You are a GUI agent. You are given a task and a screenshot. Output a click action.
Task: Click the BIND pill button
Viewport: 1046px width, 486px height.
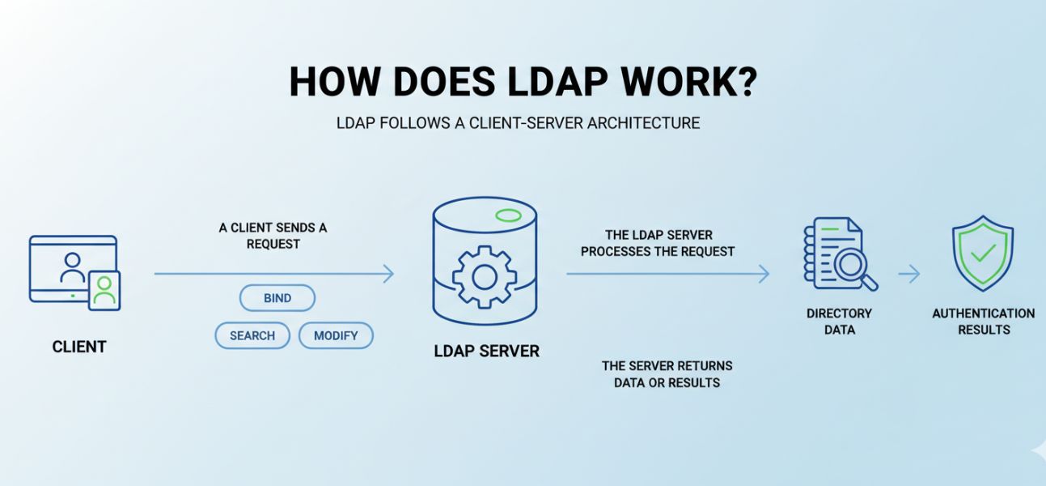[x=277, y=298]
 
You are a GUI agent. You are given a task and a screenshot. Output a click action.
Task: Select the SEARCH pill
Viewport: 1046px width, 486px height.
[x=252, y=335]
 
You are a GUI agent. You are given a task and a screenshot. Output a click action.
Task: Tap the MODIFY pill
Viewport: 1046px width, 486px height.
[x=336, y=335]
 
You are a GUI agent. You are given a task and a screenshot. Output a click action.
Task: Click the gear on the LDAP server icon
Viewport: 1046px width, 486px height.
[x=484, y=277]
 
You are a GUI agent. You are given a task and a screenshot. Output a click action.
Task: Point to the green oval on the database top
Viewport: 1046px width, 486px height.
[x=507, y=215]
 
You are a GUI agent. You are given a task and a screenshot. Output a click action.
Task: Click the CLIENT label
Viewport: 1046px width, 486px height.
[x=79, y=347]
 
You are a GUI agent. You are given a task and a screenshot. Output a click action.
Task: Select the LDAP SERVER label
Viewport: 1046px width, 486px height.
[x=486, y=352]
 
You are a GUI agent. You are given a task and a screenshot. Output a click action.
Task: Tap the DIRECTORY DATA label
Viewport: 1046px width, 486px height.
[x=839, y=321]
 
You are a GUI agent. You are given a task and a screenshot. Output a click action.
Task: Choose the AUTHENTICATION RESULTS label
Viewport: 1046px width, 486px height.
[x=983, y=321]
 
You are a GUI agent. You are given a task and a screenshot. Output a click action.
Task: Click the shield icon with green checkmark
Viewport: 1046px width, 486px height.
[x=982, y=254]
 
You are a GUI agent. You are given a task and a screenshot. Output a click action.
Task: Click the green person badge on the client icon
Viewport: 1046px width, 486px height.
[x=104, y=291]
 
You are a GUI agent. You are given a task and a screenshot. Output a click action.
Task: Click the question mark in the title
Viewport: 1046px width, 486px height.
[x=744, y=82]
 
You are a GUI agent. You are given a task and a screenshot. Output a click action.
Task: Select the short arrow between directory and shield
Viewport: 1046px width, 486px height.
[x=909, y=275]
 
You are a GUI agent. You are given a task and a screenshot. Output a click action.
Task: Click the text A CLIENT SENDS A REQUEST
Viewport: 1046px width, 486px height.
[x=273, y=236]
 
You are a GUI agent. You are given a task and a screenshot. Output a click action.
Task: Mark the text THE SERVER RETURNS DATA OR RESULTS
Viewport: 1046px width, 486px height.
[x=667, y=374]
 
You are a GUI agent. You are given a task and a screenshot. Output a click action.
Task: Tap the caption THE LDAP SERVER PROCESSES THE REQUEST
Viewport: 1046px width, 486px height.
[x=657, y=243]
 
